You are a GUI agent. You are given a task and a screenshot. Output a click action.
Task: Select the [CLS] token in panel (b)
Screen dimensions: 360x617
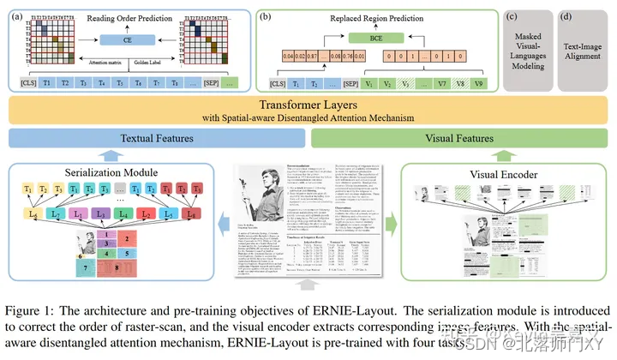(278, 84)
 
